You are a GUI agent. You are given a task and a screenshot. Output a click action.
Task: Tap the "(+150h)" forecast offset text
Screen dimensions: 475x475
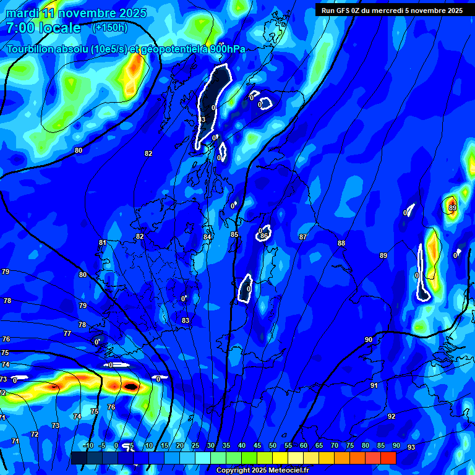[109, 27]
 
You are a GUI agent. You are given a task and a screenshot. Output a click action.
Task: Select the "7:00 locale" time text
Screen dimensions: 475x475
[43, 28]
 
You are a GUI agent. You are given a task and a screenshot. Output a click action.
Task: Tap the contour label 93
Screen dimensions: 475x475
[411, 447]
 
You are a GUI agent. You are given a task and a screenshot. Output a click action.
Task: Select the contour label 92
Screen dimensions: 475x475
[392, 416]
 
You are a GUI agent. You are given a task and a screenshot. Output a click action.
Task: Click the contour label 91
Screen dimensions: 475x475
[374, 385]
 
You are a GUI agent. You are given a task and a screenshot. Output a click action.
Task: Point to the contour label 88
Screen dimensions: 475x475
[341, 243]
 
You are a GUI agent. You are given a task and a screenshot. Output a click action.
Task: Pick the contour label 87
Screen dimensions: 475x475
[303, 237]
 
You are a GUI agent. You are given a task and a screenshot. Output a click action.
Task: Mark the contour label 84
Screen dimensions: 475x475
[207, 237]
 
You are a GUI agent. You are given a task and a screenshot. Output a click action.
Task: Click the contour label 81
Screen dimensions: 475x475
[103, 242]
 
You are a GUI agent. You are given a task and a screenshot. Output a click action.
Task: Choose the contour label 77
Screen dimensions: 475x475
[67, 333]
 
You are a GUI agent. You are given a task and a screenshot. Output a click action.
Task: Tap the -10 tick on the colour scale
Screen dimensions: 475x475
[88, 446]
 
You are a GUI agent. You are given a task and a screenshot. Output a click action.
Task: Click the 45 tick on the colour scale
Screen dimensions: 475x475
[257, 446]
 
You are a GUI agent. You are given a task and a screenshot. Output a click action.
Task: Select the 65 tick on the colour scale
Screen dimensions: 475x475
[319, 446]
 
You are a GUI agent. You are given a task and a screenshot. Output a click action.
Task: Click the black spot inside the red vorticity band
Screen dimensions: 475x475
[131, 386]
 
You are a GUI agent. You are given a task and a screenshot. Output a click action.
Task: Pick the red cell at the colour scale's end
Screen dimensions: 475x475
[388, 458]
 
